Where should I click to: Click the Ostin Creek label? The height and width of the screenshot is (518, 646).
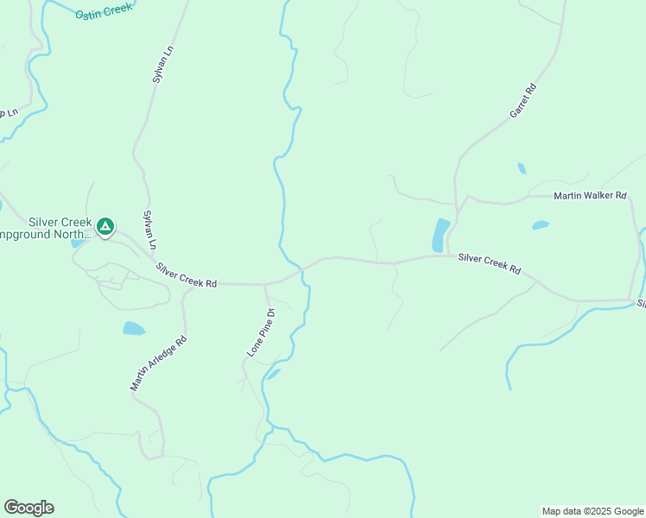104,10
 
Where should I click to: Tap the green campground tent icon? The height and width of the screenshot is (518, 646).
104,227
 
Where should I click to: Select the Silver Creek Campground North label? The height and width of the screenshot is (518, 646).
47,228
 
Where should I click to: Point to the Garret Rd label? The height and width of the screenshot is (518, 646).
523,101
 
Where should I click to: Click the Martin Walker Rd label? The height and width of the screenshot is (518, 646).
590,196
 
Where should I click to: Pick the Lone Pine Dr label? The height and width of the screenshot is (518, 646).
260,332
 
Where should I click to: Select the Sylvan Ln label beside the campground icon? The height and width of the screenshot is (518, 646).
149,229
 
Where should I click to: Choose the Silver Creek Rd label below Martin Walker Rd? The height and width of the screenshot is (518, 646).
490,262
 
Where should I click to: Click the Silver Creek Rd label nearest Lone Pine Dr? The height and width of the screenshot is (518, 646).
186,275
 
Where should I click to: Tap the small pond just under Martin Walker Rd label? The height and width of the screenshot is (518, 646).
541,225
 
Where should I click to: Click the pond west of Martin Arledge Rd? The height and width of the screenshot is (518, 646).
134,328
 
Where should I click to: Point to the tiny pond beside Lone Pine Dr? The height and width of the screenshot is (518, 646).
274,374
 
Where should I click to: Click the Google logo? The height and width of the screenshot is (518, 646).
28,508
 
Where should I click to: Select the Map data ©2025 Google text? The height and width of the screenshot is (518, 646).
592,511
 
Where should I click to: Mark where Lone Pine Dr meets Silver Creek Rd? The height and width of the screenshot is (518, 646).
264,284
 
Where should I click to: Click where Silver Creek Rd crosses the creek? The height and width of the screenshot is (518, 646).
301,269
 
